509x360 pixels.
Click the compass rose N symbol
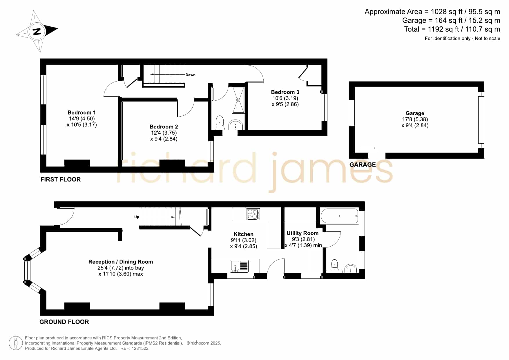(x=37, y=32)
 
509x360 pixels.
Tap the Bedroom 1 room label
(x=81, y=113)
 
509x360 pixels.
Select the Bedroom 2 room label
(x=164, y=127)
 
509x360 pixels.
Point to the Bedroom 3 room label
(x=285, y=92)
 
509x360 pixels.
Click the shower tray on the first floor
(x=238, y=100)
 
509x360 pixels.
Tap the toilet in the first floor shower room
(x=220, y=123)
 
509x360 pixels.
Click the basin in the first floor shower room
(x=236, y=125)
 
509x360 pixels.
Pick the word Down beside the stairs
(x=191, y=75)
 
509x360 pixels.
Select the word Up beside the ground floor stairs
(x=137, y=217)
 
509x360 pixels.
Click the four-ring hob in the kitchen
(x=253, y=214)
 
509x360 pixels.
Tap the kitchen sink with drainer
(x=240, y=266)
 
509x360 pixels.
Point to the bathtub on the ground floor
(x=339, y=216)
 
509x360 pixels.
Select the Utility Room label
(x=302, y=233)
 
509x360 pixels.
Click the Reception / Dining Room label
(x=121, y=262)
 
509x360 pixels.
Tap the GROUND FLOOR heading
(x=64, y=322)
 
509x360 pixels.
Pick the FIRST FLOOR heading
(x=61, y=179)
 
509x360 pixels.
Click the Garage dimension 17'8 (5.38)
(x=415, y=119)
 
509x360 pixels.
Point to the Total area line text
(x=452, y=29)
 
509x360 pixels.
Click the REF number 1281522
(x=140, y=348)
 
